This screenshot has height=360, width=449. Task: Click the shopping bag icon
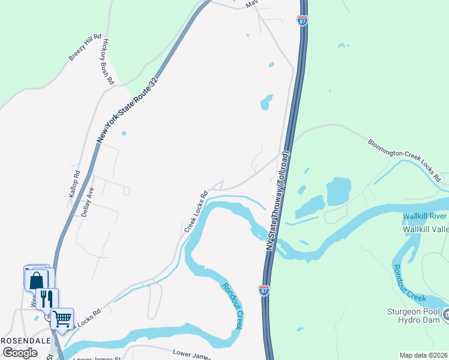[x=36, y=280]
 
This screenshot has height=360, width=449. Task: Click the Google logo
[x=20, y=352]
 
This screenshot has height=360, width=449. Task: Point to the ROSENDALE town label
[x=25, y=340]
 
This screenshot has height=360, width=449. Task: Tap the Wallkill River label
[x=425, y=216]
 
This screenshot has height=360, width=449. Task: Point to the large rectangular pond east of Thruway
[x=338, y=191]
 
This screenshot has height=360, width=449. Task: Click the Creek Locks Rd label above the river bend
[x=196, y=212]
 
